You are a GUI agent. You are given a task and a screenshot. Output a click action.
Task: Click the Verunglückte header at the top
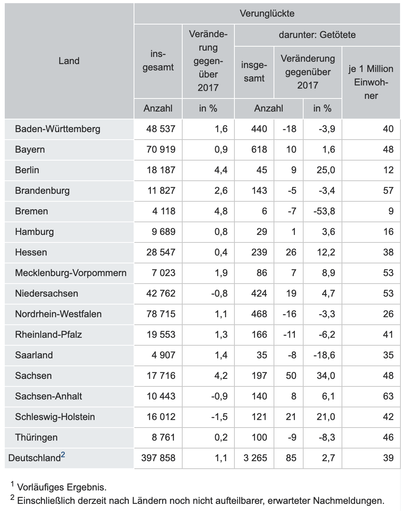267,13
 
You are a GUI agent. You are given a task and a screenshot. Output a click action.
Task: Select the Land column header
69,61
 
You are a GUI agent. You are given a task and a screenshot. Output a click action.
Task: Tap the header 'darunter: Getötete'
317,35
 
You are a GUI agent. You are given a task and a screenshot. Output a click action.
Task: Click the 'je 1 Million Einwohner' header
371,82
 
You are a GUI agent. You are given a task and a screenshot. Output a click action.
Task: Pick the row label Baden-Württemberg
58,129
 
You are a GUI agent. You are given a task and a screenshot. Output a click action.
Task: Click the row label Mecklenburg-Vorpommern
71,273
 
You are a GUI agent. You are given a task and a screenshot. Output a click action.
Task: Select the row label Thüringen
36,437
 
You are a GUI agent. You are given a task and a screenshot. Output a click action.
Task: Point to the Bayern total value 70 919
160,150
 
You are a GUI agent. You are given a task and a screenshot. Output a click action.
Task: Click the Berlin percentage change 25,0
326,170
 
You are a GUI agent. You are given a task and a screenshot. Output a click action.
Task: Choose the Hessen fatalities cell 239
259,252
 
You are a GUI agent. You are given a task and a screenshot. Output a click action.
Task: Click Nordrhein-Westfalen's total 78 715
160,314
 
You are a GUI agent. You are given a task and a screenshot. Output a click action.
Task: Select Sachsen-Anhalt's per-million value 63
388,396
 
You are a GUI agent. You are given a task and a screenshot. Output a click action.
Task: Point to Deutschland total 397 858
158,458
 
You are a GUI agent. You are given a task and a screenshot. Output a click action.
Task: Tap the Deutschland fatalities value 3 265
255,458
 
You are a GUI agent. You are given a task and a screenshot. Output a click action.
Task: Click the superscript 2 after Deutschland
63,455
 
